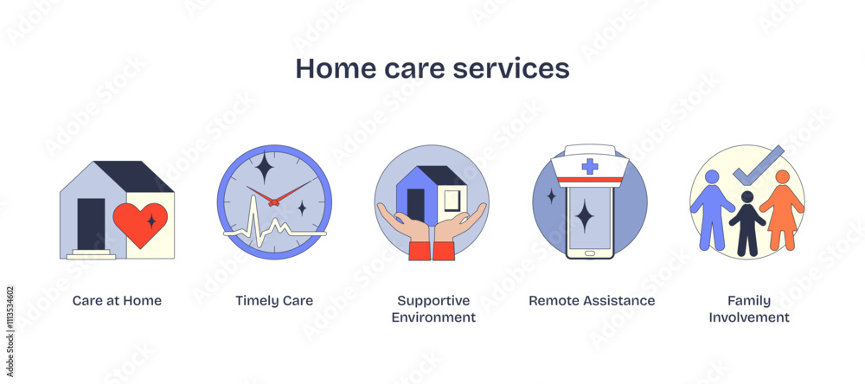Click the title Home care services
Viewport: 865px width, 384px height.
(432, 68)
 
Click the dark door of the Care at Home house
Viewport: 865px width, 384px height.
(91, 223)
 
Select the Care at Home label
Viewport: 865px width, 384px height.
(117, 301)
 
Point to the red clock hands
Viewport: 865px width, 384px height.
(275, 198)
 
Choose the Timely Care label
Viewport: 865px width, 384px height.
(274, 301)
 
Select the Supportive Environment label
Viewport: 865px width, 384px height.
(433, 309)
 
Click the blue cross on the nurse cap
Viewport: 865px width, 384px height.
(589, 166)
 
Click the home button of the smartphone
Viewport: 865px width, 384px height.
(589, 253)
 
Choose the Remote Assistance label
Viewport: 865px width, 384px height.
(592, 301)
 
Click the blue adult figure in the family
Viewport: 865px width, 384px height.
(712, 208)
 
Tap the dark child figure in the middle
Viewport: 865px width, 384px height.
(746, 225)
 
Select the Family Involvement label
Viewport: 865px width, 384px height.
(749, 309)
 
